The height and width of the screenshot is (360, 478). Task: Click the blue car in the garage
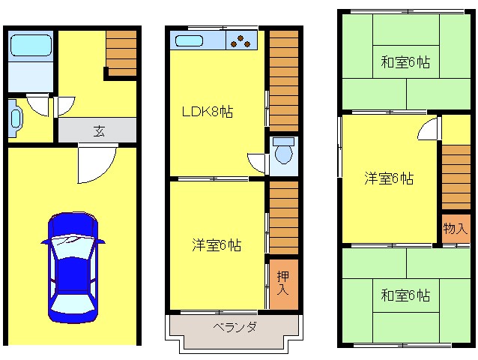(x=73, y=268)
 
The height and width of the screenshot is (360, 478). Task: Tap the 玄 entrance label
(x=99, y=131)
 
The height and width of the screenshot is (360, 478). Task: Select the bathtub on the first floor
(x=31, y=46)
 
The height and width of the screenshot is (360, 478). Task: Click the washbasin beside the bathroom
(x=15, y=118)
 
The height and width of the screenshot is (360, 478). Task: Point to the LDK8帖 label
(x=208, y=112)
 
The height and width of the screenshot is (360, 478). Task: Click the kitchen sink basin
(x=189, y=41)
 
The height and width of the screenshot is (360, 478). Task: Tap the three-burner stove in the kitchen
(x=241, y=40)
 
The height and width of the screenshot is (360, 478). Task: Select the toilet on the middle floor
(x=283, y=150)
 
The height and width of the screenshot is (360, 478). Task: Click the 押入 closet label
(x=283, y=283)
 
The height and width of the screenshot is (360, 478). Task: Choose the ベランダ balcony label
(x=235, y=327)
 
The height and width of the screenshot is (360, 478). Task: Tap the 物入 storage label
(x=455, y=228)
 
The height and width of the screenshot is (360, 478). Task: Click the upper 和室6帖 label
(x=405, y=62)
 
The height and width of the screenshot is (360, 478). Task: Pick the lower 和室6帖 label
(x=405, y=295)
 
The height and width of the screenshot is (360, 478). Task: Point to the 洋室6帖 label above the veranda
(x=217, y=245)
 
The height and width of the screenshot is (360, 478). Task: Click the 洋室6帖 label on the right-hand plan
(x=389, y=178)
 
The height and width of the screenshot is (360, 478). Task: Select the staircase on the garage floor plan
(x=121, y=53)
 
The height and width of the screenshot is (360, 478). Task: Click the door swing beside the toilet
(x=258, y=163)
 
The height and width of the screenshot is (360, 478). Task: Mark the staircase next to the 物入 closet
(x=456, y=177)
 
